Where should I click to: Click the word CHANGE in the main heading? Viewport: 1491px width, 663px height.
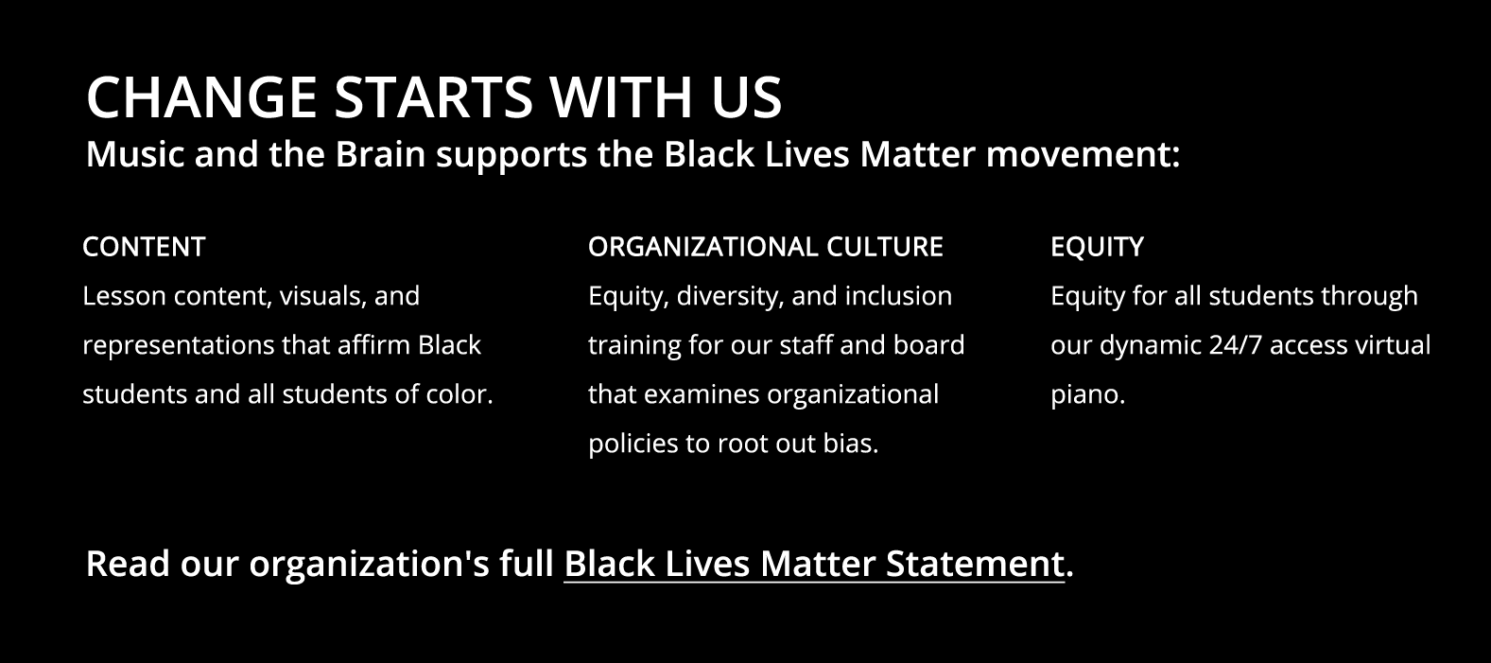pos(201,97)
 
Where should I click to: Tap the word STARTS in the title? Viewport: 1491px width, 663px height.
pos(433,97)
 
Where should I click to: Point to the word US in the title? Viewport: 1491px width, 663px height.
pos(746,97)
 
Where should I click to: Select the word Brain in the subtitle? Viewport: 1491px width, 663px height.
pos(380,154)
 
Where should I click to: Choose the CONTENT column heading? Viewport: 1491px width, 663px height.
pos(144,247)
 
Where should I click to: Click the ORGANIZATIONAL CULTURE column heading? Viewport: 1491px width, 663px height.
pos(766,247)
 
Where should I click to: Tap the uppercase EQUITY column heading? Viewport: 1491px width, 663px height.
pos(1097,247)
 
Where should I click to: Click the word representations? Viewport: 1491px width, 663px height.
pos(178,346)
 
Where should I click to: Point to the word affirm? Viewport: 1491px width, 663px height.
pos(373,345)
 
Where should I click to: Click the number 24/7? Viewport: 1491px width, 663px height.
pos(1235,345)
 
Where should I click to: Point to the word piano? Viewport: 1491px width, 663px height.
pos(1087,395)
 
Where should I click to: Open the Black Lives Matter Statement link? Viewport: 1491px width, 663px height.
pos(814,565)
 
